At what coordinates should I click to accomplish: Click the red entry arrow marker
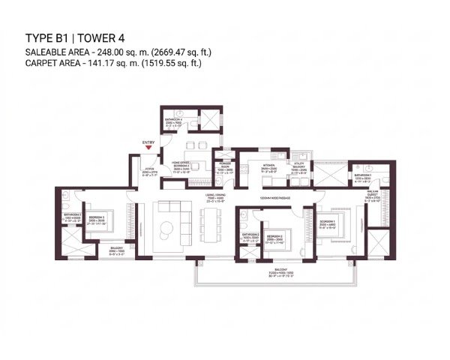pos(150,148)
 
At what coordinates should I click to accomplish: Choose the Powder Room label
pos(225,169)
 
